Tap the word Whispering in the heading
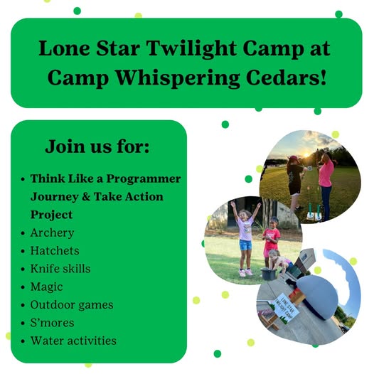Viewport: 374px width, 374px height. (177, 78)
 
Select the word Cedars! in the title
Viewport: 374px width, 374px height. (286, 78)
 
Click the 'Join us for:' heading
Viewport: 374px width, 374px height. (97, 146)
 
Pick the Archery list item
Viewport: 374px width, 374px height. (52, 233)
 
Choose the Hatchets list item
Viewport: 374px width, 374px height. (55, 251)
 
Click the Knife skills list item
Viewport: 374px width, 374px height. (60, 269)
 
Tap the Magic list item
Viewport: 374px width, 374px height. (46, 287)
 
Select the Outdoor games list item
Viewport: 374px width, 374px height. (72, 305)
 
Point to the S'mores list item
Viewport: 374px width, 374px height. (52, 323)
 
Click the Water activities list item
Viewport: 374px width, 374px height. (73, 341)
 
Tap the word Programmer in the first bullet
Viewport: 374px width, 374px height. (144, 179)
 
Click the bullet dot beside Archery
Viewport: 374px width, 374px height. (23, 233)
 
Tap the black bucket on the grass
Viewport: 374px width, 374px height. (269, 274)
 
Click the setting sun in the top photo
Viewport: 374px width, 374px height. (306, 155)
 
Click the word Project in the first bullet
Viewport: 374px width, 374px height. (51, 215)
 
